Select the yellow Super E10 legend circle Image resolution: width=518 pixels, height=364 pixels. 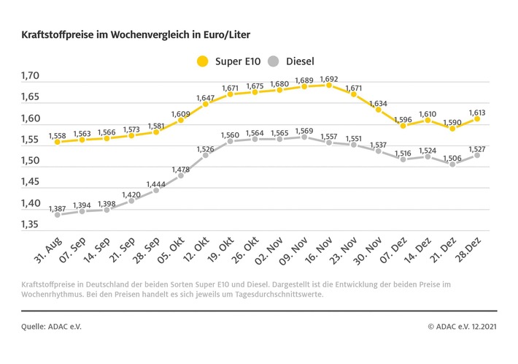point(202,61)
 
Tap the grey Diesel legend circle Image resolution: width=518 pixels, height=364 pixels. point(274,61)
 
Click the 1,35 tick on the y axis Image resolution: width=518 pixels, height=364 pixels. point(31,224)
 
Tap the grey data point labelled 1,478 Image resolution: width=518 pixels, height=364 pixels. point(180,175)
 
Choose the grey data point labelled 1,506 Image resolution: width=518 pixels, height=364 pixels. point(452,164)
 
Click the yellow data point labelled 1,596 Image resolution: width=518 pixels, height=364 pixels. point(403,125)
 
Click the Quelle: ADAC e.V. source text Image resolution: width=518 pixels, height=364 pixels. point(51,327)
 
